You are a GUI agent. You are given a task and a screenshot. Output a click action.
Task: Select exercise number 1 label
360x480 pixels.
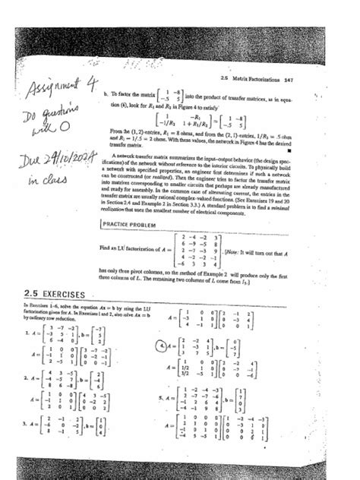pyautogui.click(x=27, y=333)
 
